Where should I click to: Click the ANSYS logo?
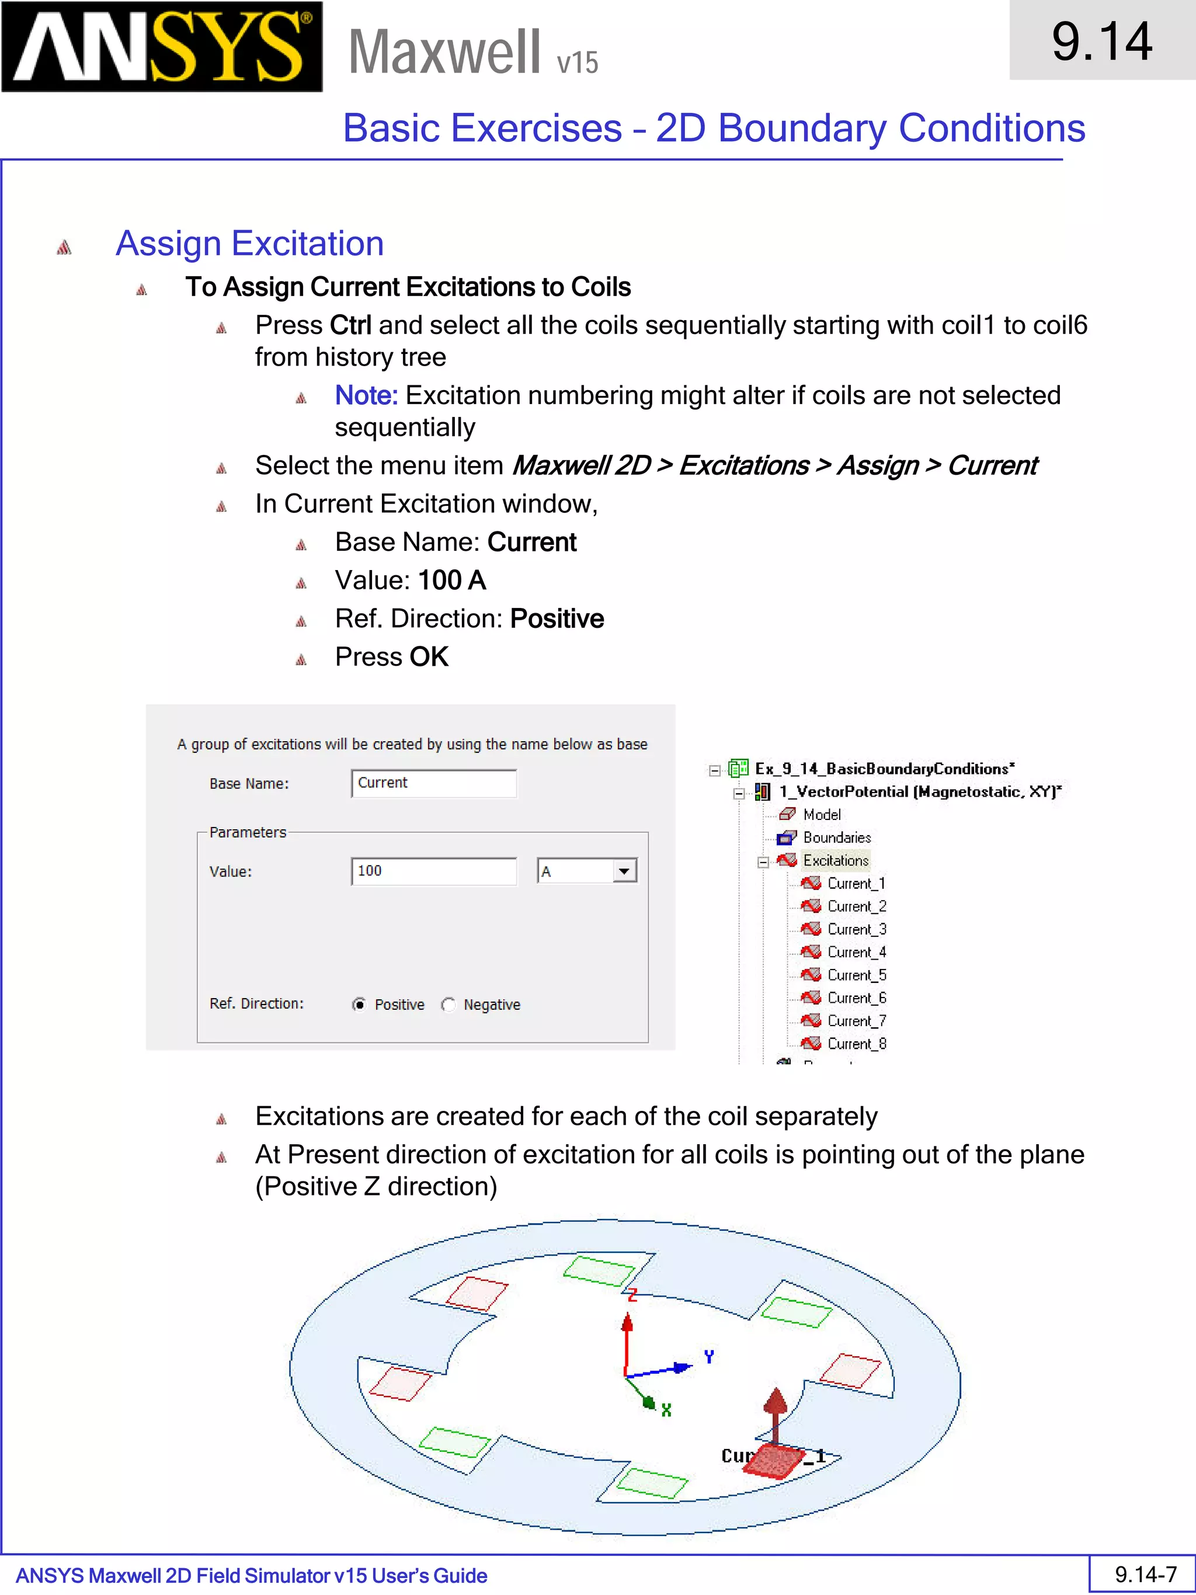click(x=162, y=46)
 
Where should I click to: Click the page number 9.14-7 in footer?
click(x=1145, y=1573)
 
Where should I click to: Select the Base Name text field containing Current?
click(x=433, y=783)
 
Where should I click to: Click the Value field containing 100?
click(x=433, y=871)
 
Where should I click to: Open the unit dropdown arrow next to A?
click(x=624, y=871)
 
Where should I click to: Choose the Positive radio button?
click(x=359, y=1005)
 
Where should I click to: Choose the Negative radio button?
click(x=448, y=1005)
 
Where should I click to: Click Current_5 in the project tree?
click(x=856, y=975)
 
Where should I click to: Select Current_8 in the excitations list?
click(x=856, y=1044)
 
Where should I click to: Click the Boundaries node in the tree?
click(x=836, y=837)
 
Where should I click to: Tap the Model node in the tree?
click(x=821, y=814)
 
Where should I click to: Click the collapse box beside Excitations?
click(x=763, y=861)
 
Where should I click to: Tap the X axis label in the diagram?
click(x=666, y=1410)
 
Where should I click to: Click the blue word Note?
click(x=366, y=395)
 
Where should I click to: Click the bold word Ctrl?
click(x=350, y=325)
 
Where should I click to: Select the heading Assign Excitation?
click(x=249, y=243)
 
